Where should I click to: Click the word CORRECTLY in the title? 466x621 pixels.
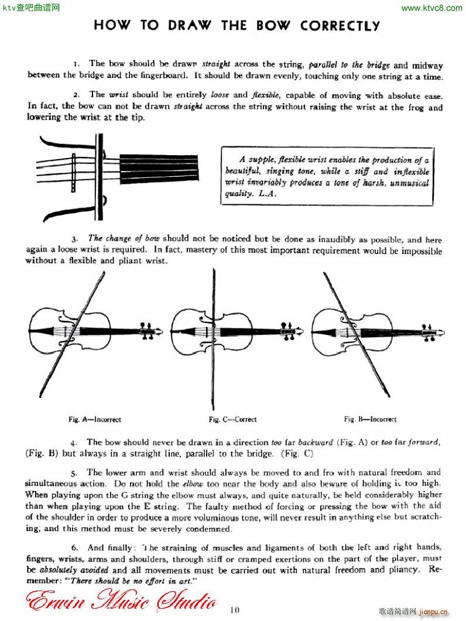pyautogui.click(x=340, y=26)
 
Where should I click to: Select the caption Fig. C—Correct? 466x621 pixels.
pyautogui.click(x=232, y=420)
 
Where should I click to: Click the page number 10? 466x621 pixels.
pyautogui.click(x=235, y=610)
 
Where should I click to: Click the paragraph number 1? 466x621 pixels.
pyautogui.click(x=76, y=64)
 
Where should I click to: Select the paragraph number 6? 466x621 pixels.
pyautogui.click(x=74, y=548)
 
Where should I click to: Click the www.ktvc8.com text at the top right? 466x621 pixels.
pyautogui.click(x=433, y=8)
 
